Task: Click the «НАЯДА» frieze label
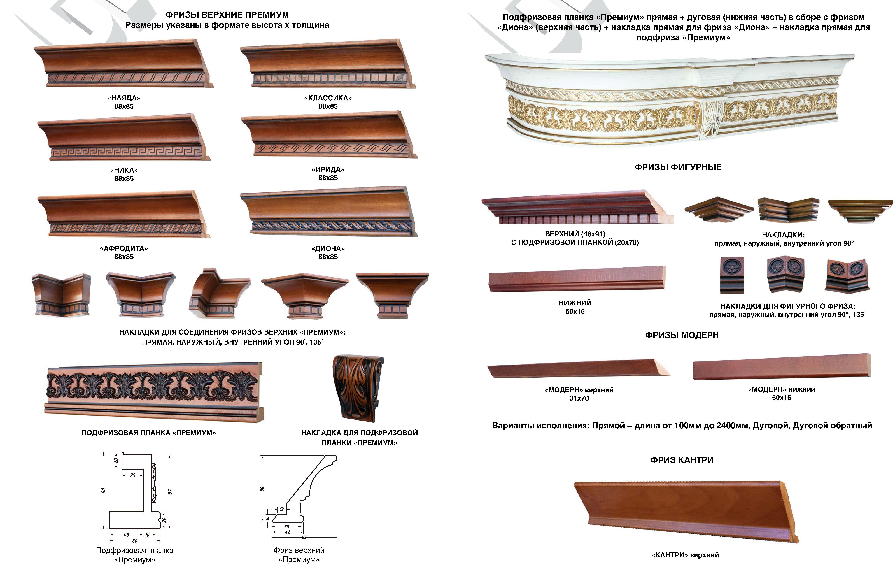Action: (124, 98)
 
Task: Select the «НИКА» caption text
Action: (124, 170)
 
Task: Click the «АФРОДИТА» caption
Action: (124, 248)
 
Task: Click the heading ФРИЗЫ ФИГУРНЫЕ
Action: (678, 167)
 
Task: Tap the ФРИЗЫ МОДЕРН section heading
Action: (682, 335)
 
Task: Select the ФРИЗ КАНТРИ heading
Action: (682, 460)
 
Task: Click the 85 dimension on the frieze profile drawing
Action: (304, 538)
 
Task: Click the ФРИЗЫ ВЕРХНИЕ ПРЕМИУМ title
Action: (227, 15)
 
